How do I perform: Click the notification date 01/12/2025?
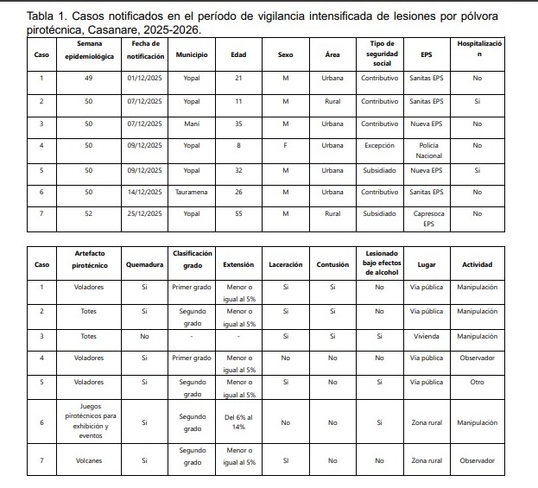coord(144,78)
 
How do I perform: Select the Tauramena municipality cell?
coord(191,192)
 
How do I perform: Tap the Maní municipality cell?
coord(191,124)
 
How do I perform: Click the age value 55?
coord(238,214)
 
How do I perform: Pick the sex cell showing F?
coord(285,146)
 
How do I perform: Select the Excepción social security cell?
coord(379,146)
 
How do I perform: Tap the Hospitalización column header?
coord(478,48)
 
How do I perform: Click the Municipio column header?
coord(191,54)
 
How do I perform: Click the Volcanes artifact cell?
coord(89,460)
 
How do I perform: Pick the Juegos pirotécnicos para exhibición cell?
coord(89,421)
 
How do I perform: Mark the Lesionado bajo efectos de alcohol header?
coord(379,263)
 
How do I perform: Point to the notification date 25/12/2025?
coord(144,214)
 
